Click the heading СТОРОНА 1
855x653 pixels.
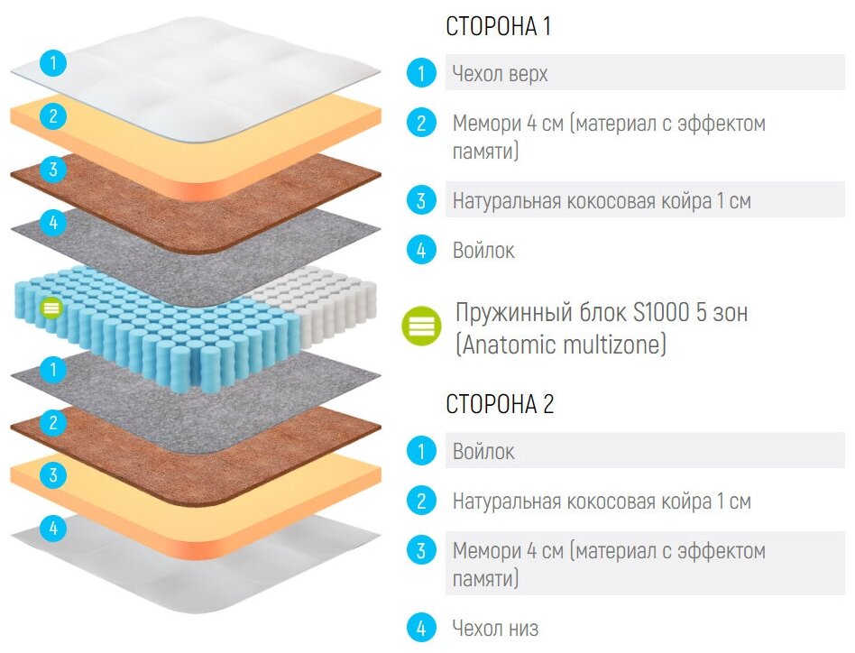coord(498,27)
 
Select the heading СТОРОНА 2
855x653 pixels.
coord(500,405)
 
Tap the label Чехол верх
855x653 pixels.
coord(500,74)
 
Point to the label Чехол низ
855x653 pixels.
coord(496,627)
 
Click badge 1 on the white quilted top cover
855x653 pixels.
coord(53,63)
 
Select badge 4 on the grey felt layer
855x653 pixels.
coord(53,222)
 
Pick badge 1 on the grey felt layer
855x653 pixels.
coord(53,369)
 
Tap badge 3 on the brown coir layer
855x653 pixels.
coord(53,169)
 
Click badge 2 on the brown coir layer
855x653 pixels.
coord(53,421)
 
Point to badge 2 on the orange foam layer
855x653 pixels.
coord(53,116)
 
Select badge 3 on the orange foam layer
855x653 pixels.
coord(53,474)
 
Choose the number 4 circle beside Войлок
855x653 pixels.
coord(420,250)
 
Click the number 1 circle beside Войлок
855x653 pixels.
coord(420,450)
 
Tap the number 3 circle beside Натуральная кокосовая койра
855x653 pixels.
coord(420,200)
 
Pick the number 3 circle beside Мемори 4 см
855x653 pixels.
coord(420,549)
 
